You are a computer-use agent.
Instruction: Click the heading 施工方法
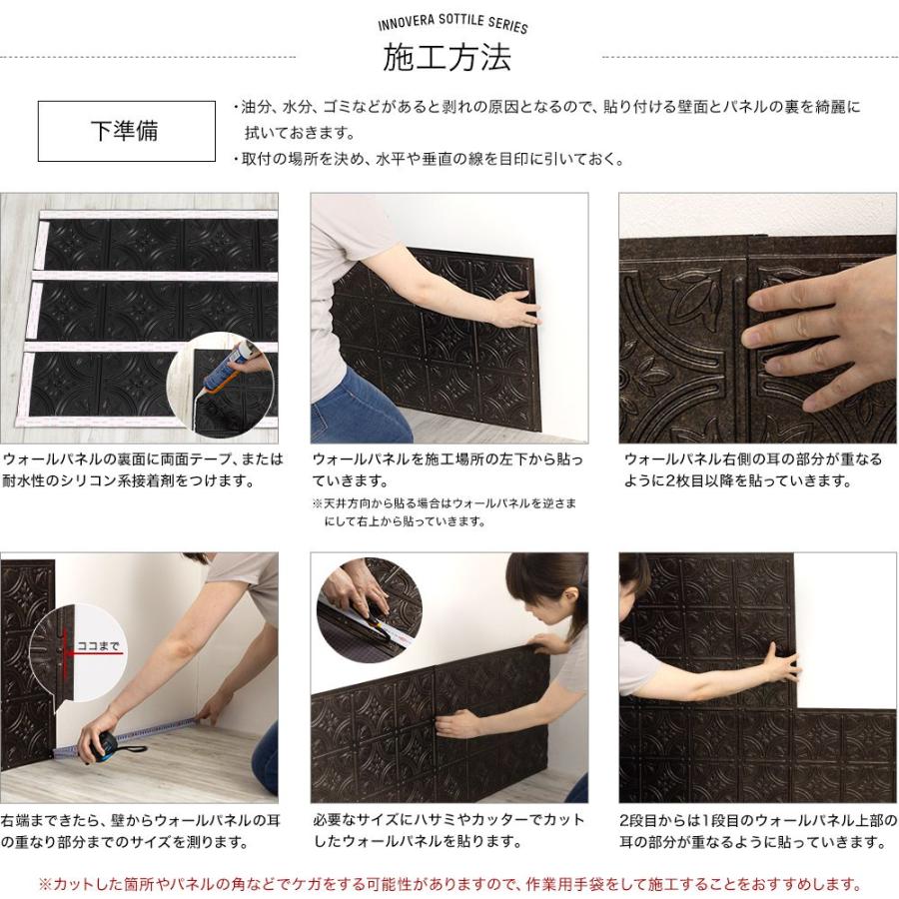(x=447, y=57)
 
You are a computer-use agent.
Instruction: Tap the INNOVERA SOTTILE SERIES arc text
(x=452, y=25)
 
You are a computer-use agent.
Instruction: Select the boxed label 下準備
(x=125, y=131)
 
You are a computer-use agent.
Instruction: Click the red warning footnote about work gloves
(x=450, y=884)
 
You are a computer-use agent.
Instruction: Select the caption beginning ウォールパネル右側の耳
(x=753, y=469)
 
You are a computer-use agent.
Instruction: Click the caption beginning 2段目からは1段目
(x=758, y=831)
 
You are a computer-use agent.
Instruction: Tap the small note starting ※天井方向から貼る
(x=445, y=512)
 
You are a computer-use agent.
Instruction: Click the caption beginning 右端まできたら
(x=141, y=831)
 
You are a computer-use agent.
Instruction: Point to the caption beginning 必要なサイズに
(x=449, y=831)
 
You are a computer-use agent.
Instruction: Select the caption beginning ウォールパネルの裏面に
(x=142, y=469)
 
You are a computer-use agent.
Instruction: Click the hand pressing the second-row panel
(x=780, y=663)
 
